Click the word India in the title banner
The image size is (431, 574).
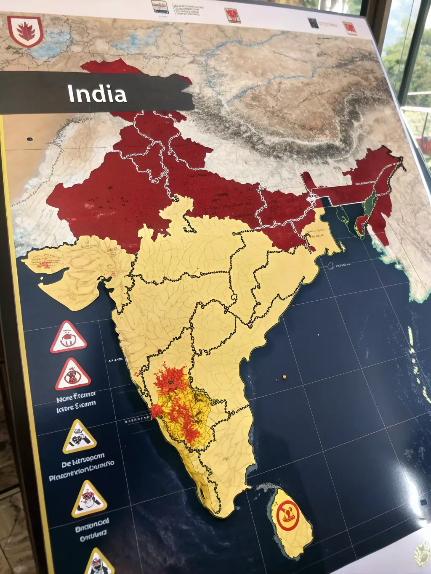[x=97, y=94]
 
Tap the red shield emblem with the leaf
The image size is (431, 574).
[x=25, y=31]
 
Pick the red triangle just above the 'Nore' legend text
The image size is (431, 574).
[x=73, y=375]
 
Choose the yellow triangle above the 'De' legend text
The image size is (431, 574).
[x=79, y=437]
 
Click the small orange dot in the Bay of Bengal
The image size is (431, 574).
[x=285, y=376]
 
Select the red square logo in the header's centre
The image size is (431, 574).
[x=232, y=16]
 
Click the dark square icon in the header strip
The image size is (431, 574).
[x=313, y=23]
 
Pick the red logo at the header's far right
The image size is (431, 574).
[x=349, y=29]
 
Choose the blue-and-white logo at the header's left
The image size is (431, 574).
[x=160, y=8]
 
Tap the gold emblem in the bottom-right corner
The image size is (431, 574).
[x=422, y=553]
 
